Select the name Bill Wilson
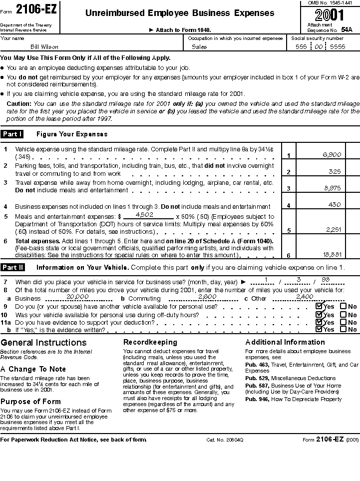44,47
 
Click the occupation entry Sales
199,47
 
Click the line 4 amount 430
335,204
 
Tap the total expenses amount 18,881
332,254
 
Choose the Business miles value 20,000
77,296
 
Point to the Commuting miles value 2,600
207,296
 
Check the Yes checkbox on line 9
319,306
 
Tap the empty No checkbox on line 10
343,315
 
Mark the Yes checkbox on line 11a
319,322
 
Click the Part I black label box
12,134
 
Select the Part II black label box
12,267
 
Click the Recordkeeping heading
150,342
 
